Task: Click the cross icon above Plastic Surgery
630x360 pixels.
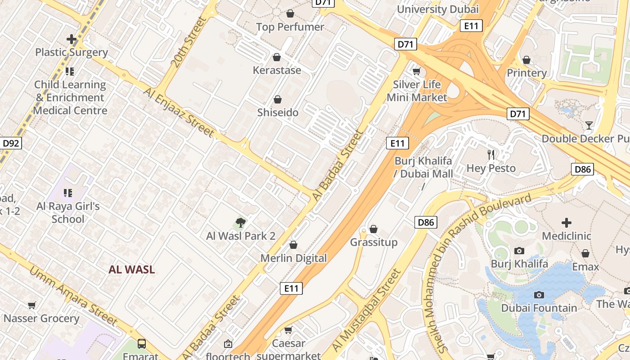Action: tap(71, 39)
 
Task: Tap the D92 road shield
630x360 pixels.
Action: tap(11, 144)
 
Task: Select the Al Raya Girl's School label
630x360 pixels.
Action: tap(68, 212)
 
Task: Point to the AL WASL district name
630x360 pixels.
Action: tap(132, 270)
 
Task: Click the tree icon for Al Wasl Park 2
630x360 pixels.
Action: tap(241, 222)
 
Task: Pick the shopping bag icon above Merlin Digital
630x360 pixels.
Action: tap(293, 245)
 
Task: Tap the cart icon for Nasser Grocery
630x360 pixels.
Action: tap(32, 306)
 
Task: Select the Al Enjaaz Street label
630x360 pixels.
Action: tap(179, 112)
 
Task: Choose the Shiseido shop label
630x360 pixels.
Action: tap(278, 112)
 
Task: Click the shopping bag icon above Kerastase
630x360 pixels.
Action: tap(277, 57)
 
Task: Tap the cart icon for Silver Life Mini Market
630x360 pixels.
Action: tap(417, 71)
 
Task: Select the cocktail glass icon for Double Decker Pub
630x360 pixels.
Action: tap(589, 125)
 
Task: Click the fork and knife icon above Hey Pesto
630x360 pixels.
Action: tap(491, 155)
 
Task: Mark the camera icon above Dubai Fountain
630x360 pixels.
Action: tap(539, 295)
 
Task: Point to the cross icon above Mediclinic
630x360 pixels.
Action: tap(566, 222)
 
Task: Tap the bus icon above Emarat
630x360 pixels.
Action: tap(142, 344)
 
